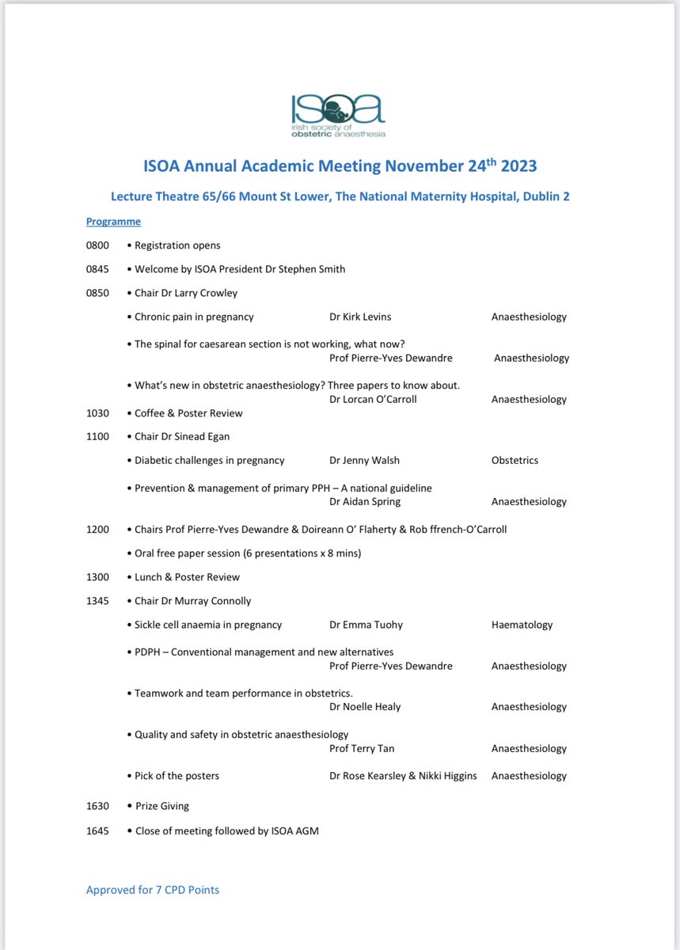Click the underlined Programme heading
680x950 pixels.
coord(113,222)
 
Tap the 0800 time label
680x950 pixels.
coord(97,245)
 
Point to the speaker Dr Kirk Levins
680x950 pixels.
coord(360,317)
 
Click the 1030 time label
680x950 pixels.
coord(97,413)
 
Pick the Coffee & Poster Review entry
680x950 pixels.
coord(188,413)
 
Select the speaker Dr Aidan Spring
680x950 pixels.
coord(365,501)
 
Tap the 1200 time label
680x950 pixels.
coord(97,529)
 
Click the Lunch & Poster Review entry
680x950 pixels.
coord(187,577)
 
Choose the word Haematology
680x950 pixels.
coord(522,625)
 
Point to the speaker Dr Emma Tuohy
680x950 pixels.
coord(366,625)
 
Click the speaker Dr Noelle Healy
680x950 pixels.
coord(365,707)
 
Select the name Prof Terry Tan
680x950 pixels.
coord(362,748)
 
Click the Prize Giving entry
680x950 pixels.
coord(161,806)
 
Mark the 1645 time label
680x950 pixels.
coord(97,830)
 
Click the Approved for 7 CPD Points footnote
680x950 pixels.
coord(153,890)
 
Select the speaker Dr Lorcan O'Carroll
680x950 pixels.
coord(373,399)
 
